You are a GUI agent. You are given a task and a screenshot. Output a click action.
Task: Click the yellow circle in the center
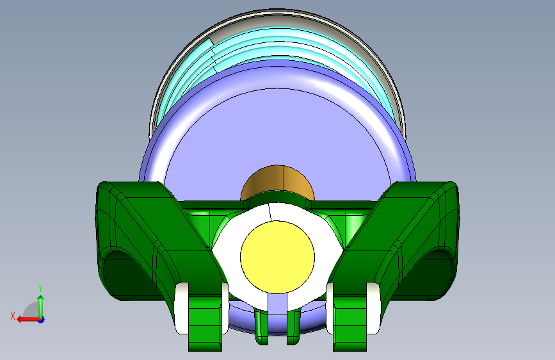278,257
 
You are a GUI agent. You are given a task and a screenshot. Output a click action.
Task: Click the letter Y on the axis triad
40,288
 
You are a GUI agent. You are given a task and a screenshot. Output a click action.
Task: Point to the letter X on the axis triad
13,316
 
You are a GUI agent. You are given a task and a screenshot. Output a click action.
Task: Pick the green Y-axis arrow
41,307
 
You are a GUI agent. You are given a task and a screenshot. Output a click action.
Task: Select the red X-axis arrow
28,320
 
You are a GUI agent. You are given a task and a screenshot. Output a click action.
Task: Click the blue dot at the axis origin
42,320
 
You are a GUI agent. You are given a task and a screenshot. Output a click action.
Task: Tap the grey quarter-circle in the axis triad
31,311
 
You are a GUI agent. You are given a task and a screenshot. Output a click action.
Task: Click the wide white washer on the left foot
182,308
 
